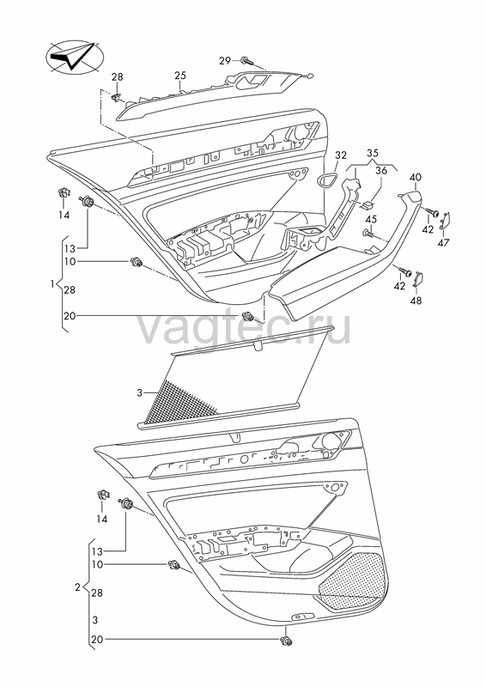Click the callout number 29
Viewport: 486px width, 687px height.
click(225, 60)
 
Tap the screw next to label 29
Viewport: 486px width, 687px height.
click(246, 60)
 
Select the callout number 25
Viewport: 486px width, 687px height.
click(180, 76)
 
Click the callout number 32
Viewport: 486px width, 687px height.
click(341, 155)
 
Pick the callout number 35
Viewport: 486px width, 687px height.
click(373, 154)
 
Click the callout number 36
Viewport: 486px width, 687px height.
click(381, 170)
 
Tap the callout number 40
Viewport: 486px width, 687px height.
click(416, 178)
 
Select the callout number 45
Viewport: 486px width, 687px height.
click(371, 219)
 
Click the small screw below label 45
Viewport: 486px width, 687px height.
click(368, 234)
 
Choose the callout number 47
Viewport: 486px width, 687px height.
click(443, 242)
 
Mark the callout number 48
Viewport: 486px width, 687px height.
click(416, 301)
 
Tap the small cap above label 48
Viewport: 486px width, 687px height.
click(418, 278)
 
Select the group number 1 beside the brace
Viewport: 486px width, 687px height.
click(52, 284)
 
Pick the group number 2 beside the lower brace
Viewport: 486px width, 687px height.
click(77, 587)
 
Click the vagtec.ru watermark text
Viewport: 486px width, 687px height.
click(244, 329)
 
